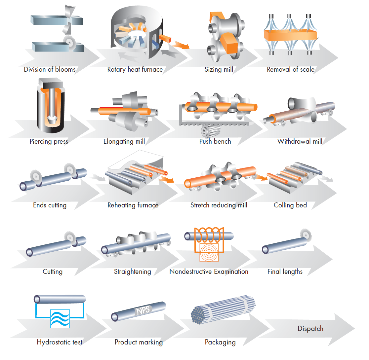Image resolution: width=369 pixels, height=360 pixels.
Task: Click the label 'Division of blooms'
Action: coord(50,70)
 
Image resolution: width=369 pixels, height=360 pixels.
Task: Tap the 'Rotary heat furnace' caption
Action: coord(135,70)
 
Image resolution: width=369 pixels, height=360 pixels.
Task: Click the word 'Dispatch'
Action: coord(310,329)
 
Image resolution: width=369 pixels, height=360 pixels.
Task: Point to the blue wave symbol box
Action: coord(60,319)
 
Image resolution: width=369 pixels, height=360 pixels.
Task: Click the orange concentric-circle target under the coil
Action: coord(209,252)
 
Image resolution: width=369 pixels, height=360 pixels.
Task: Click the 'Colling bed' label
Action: coord(290,205)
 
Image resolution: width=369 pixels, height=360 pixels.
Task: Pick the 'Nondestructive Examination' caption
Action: coord(209,271)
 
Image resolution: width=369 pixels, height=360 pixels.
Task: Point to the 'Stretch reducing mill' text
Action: coord(219,205)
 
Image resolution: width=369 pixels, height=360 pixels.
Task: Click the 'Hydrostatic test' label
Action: coord(60,342)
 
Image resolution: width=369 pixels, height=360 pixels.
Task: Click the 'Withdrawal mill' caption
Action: coord(300,142)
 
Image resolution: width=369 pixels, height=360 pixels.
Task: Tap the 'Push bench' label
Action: coord(215,142)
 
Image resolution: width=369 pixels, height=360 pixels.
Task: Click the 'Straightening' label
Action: coord(132,272)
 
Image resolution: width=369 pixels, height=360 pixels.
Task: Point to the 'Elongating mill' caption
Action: coord(124,142)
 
